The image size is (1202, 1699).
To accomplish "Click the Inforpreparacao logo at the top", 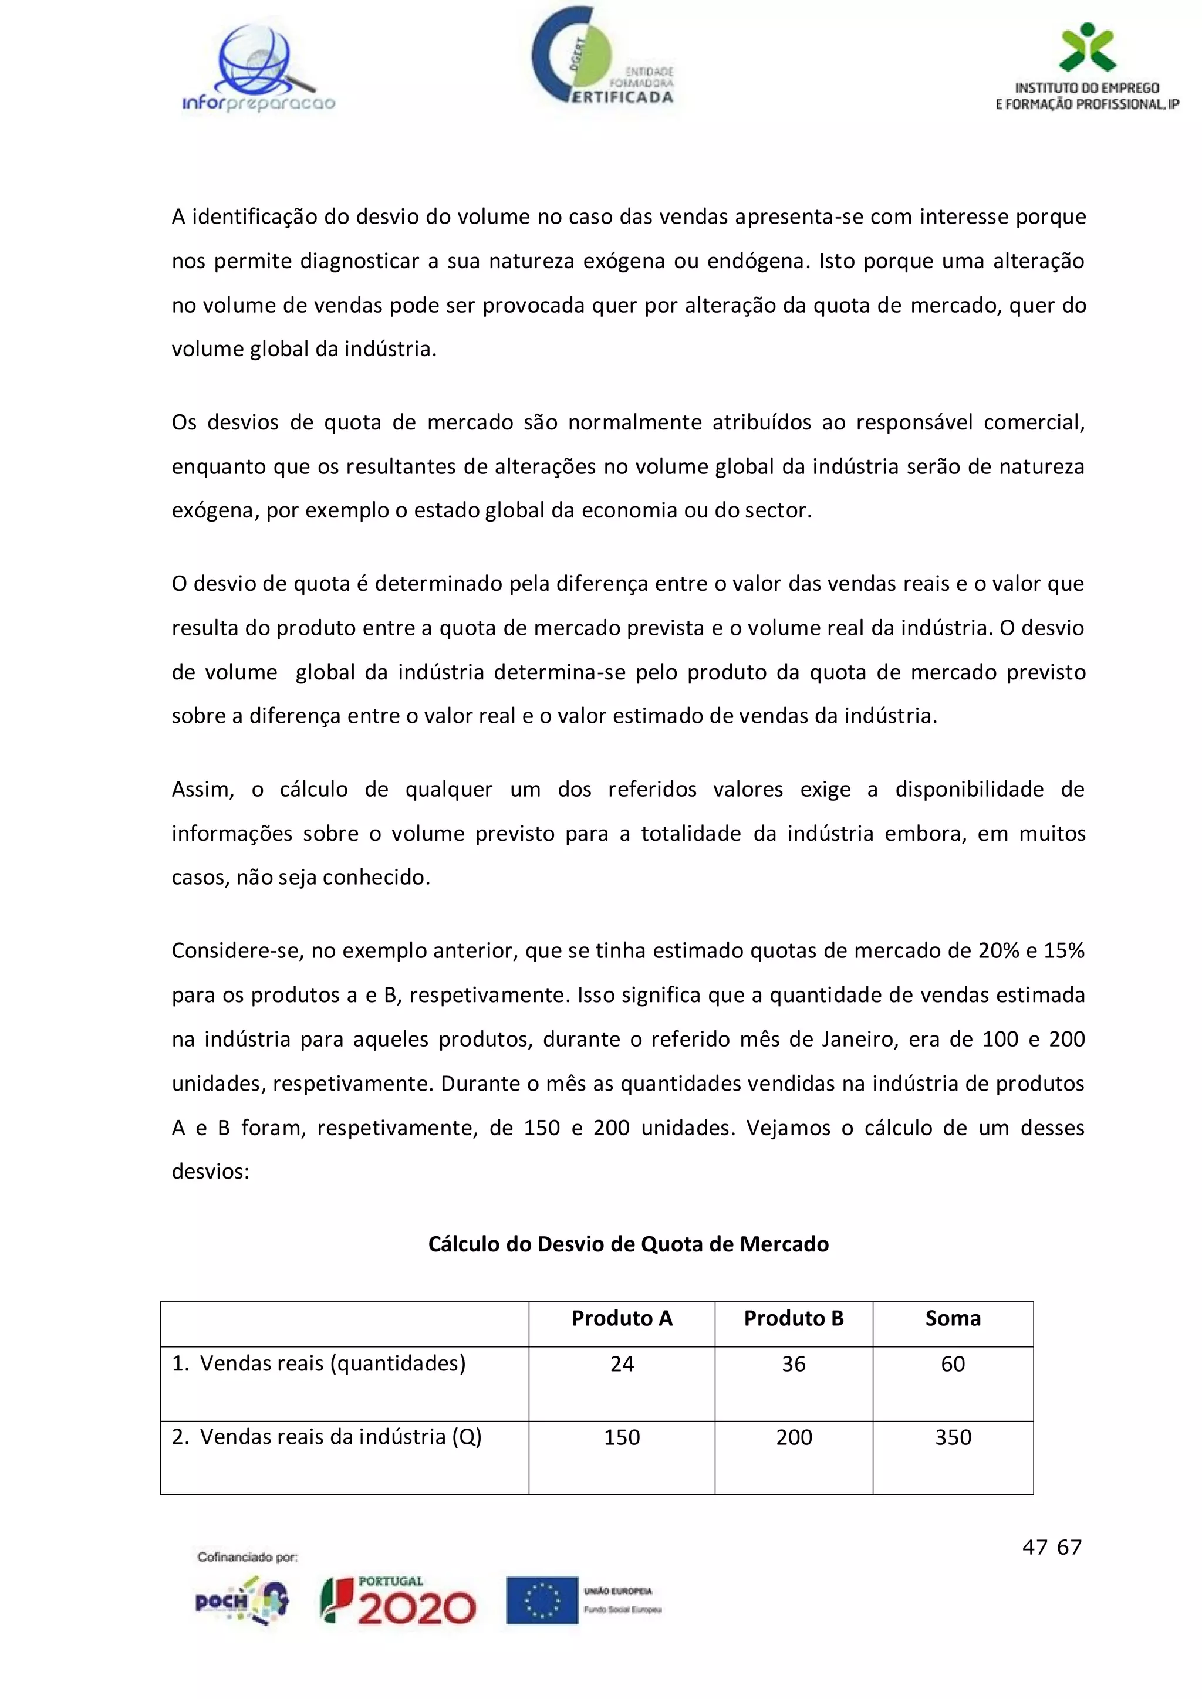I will pos(258,70).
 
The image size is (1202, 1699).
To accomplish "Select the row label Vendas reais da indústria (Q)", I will pos(327,1436).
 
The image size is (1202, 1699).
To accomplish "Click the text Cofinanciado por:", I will pos(247,1557).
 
